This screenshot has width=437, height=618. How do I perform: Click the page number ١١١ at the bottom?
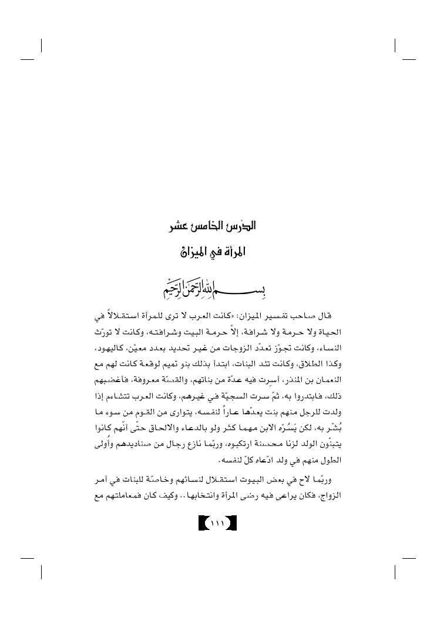pyautogui.click(x=218, y=521)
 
